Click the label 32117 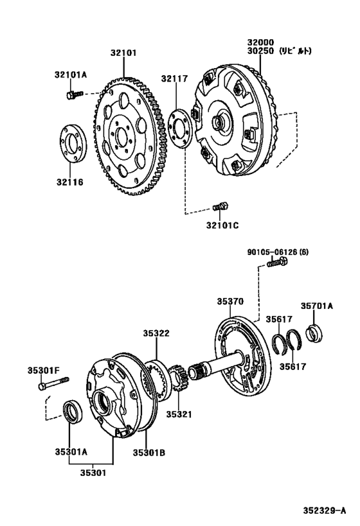click(x=175, y=78)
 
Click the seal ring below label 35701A click(x=314, y=335)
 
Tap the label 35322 click(x=156, y=333)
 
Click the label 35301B click(x=149, y=453)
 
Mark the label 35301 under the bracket click(x=93, y=473)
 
